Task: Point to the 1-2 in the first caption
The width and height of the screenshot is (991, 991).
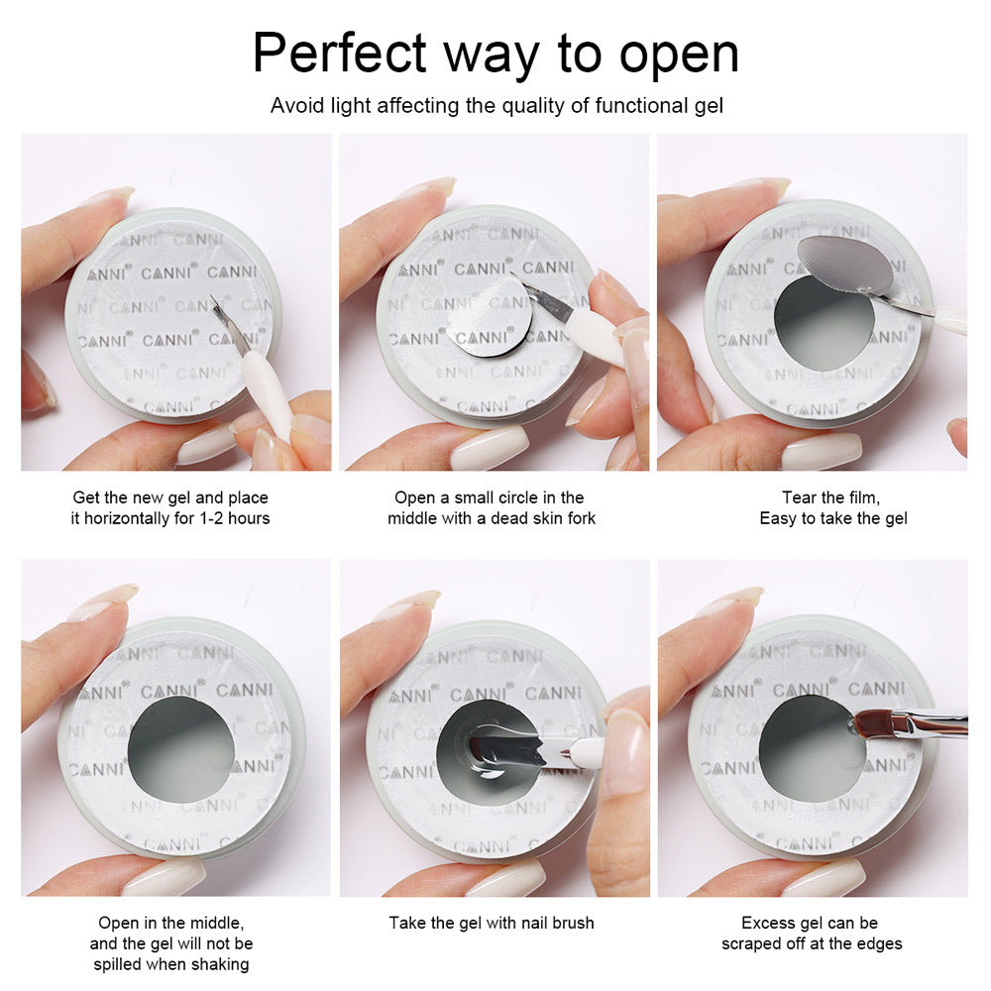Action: pos(212,518)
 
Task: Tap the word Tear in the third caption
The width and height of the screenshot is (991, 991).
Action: pos(798,497)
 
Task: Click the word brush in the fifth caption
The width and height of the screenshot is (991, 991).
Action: pos(573,923)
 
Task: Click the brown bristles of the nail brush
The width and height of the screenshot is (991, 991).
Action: pos(871,721)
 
